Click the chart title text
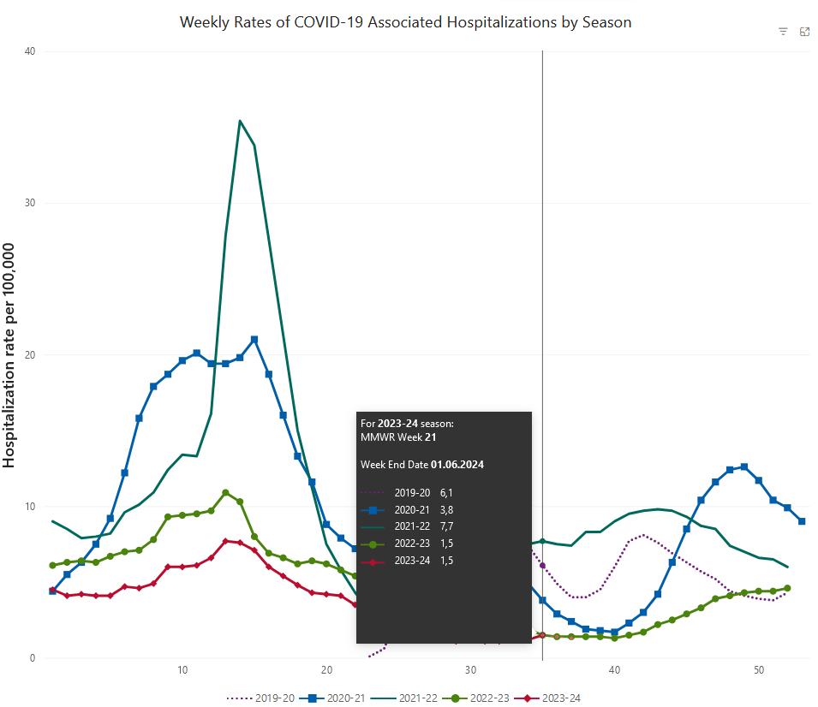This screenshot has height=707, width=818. pos(405,22)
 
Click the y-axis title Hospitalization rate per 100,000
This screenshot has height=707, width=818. pos(10,354)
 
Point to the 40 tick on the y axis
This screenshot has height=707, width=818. pos(30,51)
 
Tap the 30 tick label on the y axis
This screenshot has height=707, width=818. pos(30,203)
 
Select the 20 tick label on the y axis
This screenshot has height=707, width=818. pos(30,354)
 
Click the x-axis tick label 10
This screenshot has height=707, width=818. pos(182,669)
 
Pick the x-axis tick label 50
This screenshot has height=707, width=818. pos(759,669)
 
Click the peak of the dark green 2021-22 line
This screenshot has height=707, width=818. pos(240,121)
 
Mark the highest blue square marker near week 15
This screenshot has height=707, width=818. pos(254,339)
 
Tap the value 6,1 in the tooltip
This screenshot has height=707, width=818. pos(445,494)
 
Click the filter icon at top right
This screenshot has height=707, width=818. pos(783,32)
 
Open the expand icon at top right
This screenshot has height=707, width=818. pos(804,32)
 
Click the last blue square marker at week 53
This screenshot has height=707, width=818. pos(802,521)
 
